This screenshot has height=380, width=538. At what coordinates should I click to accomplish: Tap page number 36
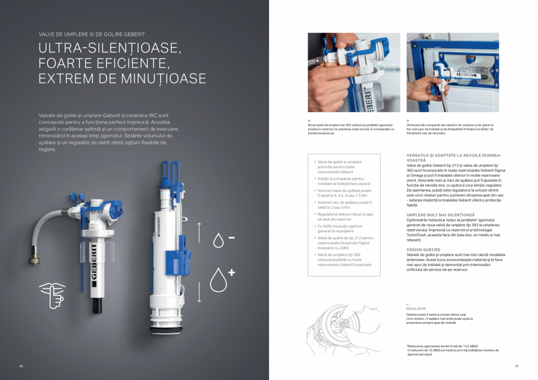(20, 367)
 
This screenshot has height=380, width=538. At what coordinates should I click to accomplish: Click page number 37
(516, 367)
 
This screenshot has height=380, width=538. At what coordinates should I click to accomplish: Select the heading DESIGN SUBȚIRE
(423, 250)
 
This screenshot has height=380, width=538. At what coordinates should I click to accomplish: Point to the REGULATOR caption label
(416, 308)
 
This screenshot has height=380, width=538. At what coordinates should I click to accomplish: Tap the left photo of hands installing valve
(354, 72)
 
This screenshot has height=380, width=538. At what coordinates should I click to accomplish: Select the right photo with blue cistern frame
(453, 72)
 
